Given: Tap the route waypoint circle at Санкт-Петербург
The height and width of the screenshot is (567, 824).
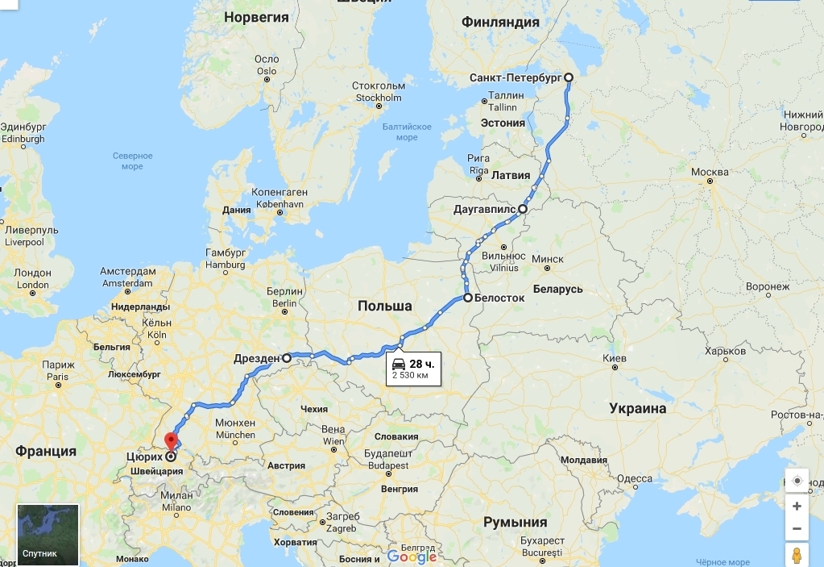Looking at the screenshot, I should pos(569,77).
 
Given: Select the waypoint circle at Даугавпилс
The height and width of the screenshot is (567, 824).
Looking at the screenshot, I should pos(522,209).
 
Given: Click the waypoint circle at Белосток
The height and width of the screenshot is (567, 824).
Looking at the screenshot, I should pos(468,298).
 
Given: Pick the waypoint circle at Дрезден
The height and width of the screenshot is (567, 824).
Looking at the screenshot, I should pos(287,356).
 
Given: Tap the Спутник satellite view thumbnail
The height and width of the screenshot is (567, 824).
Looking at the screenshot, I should pos(48,535).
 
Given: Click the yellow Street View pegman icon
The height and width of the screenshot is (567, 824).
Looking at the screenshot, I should pos(797,555).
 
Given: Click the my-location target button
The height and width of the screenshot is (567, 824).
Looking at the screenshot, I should pos(797,481).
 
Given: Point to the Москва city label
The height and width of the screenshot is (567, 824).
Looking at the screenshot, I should pos(710,173).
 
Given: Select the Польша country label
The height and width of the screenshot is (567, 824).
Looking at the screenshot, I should pos(384,306).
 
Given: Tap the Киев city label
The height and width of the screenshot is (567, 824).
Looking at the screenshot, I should pos(614,357).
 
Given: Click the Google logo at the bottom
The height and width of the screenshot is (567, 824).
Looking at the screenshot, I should pos(412,557).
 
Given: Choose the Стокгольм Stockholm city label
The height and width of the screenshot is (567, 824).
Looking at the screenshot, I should pos(378,92).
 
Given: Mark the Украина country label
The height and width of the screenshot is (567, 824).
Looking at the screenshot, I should pos(637,408).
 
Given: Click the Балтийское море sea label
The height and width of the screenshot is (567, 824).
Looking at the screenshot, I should pos(407,131).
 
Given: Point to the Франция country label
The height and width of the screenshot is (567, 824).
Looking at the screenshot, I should pos(45,451).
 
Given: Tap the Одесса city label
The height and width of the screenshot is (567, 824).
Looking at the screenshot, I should pos(634,478).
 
